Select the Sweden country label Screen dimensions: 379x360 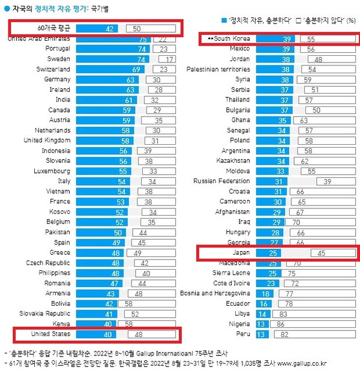pos(58,59)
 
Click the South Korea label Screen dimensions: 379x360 pos(227,39)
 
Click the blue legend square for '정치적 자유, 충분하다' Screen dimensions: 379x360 pos(223,20)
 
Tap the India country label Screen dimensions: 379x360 pos(62,100)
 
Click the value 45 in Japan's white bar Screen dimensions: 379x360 pos(322,253)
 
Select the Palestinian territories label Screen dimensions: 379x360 pos(217,70)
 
